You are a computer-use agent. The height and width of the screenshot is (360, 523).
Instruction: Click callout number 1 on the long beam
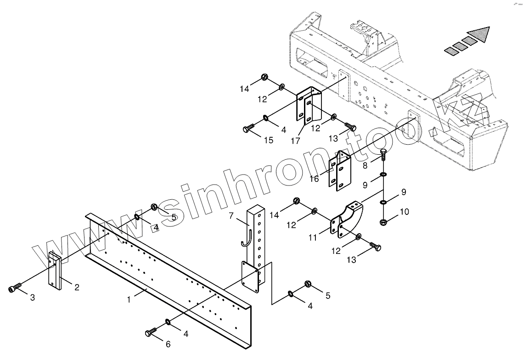point(129,299)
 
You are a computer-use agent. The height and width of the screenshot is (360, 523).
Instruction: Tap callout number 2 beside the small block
point(77,287)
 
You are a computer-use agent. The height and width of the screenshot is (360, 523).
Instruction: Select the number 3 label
point(32,298)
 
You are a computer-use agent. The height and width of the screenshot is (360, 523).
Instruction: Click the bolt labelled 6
point(151,332)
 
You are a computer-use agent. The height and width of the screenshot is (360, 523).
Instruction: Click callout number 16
point(314,179)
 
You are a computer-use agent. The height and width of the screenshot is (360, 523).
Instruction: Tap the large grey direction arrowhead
point(479,35)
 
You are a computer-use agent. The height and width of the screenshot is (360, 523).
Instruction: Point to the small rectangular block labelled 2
point(54,270)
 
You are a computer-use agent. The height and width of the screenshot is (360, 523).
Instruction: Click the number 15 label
point(269,140)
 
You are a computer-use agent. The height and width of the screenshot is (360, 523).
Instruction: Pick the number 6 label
point(168,344)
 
